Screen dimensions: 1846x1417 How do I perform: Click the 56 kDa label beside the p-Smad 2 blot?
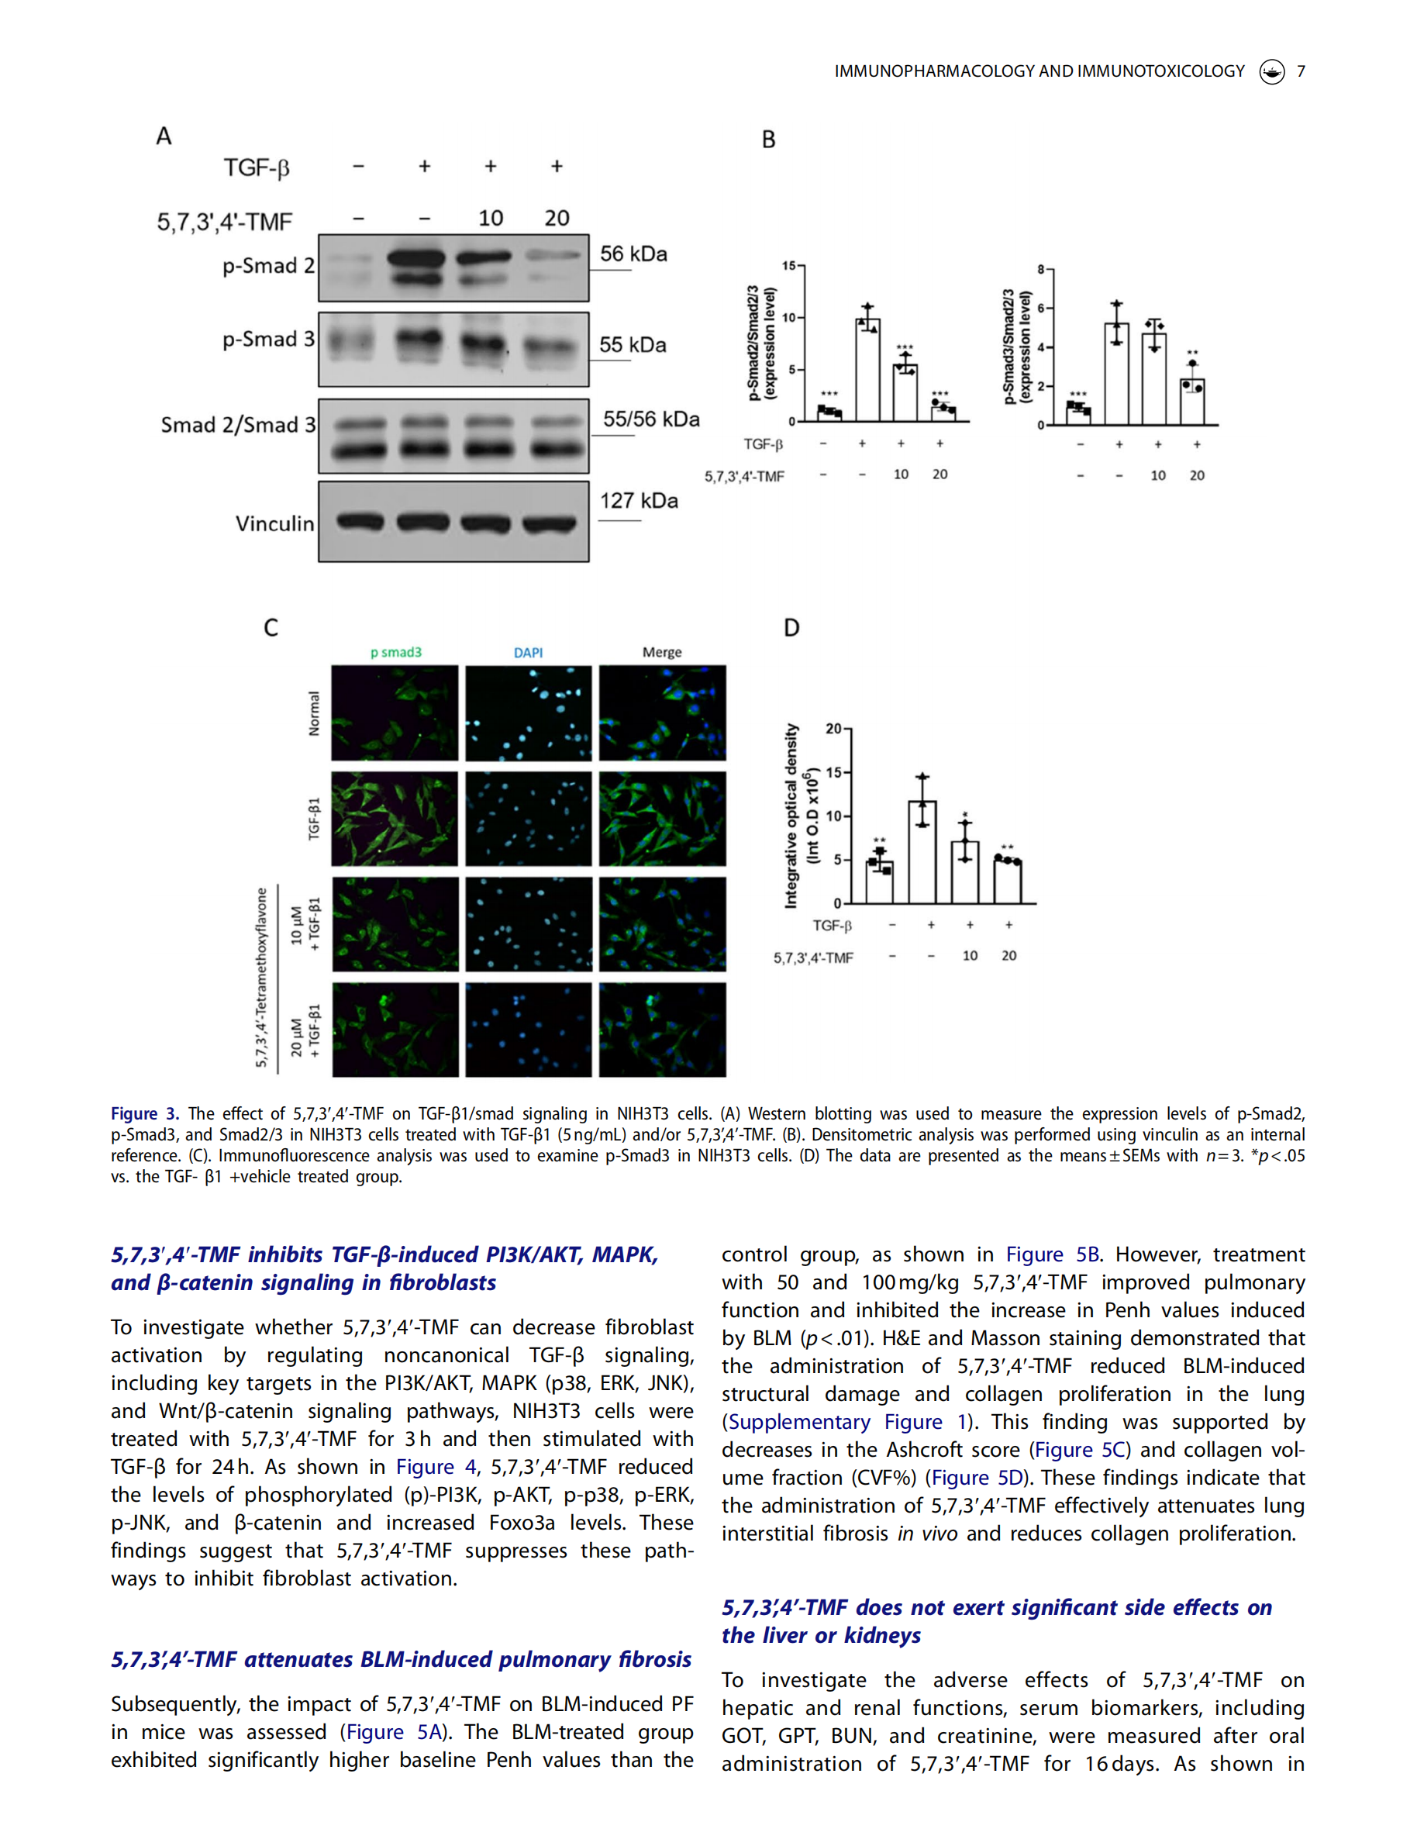pyautogui.click(x=633, y=254)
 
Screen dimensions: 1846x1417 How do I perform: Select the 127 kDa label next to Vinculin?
pyautogui.click(x=639, y=500)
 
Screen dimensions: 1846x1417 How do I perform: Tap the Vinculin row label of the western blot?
pyautogui.click(x=274, y=524)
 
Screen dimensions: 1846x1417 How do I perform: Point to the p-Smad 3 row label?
pyautogui.click(x=267, y=339)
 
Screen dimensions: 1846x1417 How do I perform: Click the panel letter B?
pyautogui.click(x=768, y=140)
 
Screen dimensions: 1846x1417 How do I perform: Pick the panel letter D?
pyautogui.click(x=791, y=628)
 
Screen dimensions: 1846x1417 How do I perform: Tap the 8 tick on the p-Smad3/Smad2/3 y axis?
pyautogui.click(x=1041, y=269)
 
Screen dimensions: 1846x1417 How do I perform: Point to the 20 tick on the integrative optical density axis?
pyautogui.click(x=833, y=728)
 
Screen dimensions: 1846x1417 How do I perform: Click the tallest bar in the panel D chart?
pyautogui.click(x=922, y=852)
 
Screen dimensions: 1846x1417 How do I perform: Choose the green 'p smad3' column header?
pyautogui.click(x=395, y=652)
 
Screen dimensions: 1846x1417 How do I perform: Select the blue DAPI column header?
pyautogui.click(x=528, y=652)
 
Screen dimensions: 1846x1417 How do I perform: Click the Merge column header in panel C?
pyautogui.click(x=661, y=652)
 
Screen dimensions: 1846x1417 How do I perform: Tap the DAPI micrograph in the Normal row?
pyautogui.click(x=528, y=713)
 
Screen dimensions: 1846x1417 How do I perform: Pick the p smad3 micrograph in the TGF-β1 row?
pyautogui.click(x=395, y=819)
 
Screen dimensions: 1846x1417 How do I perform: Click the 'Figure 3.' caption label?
pyautogui.click(x=144, y=1113)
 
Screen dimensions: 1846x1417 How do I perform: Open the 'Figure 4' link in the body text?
pyautogui.click(x=436, y=1467)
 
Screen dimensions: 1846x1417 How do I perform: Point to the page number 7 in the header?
pyautogui.click(x=1301, y=71)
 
